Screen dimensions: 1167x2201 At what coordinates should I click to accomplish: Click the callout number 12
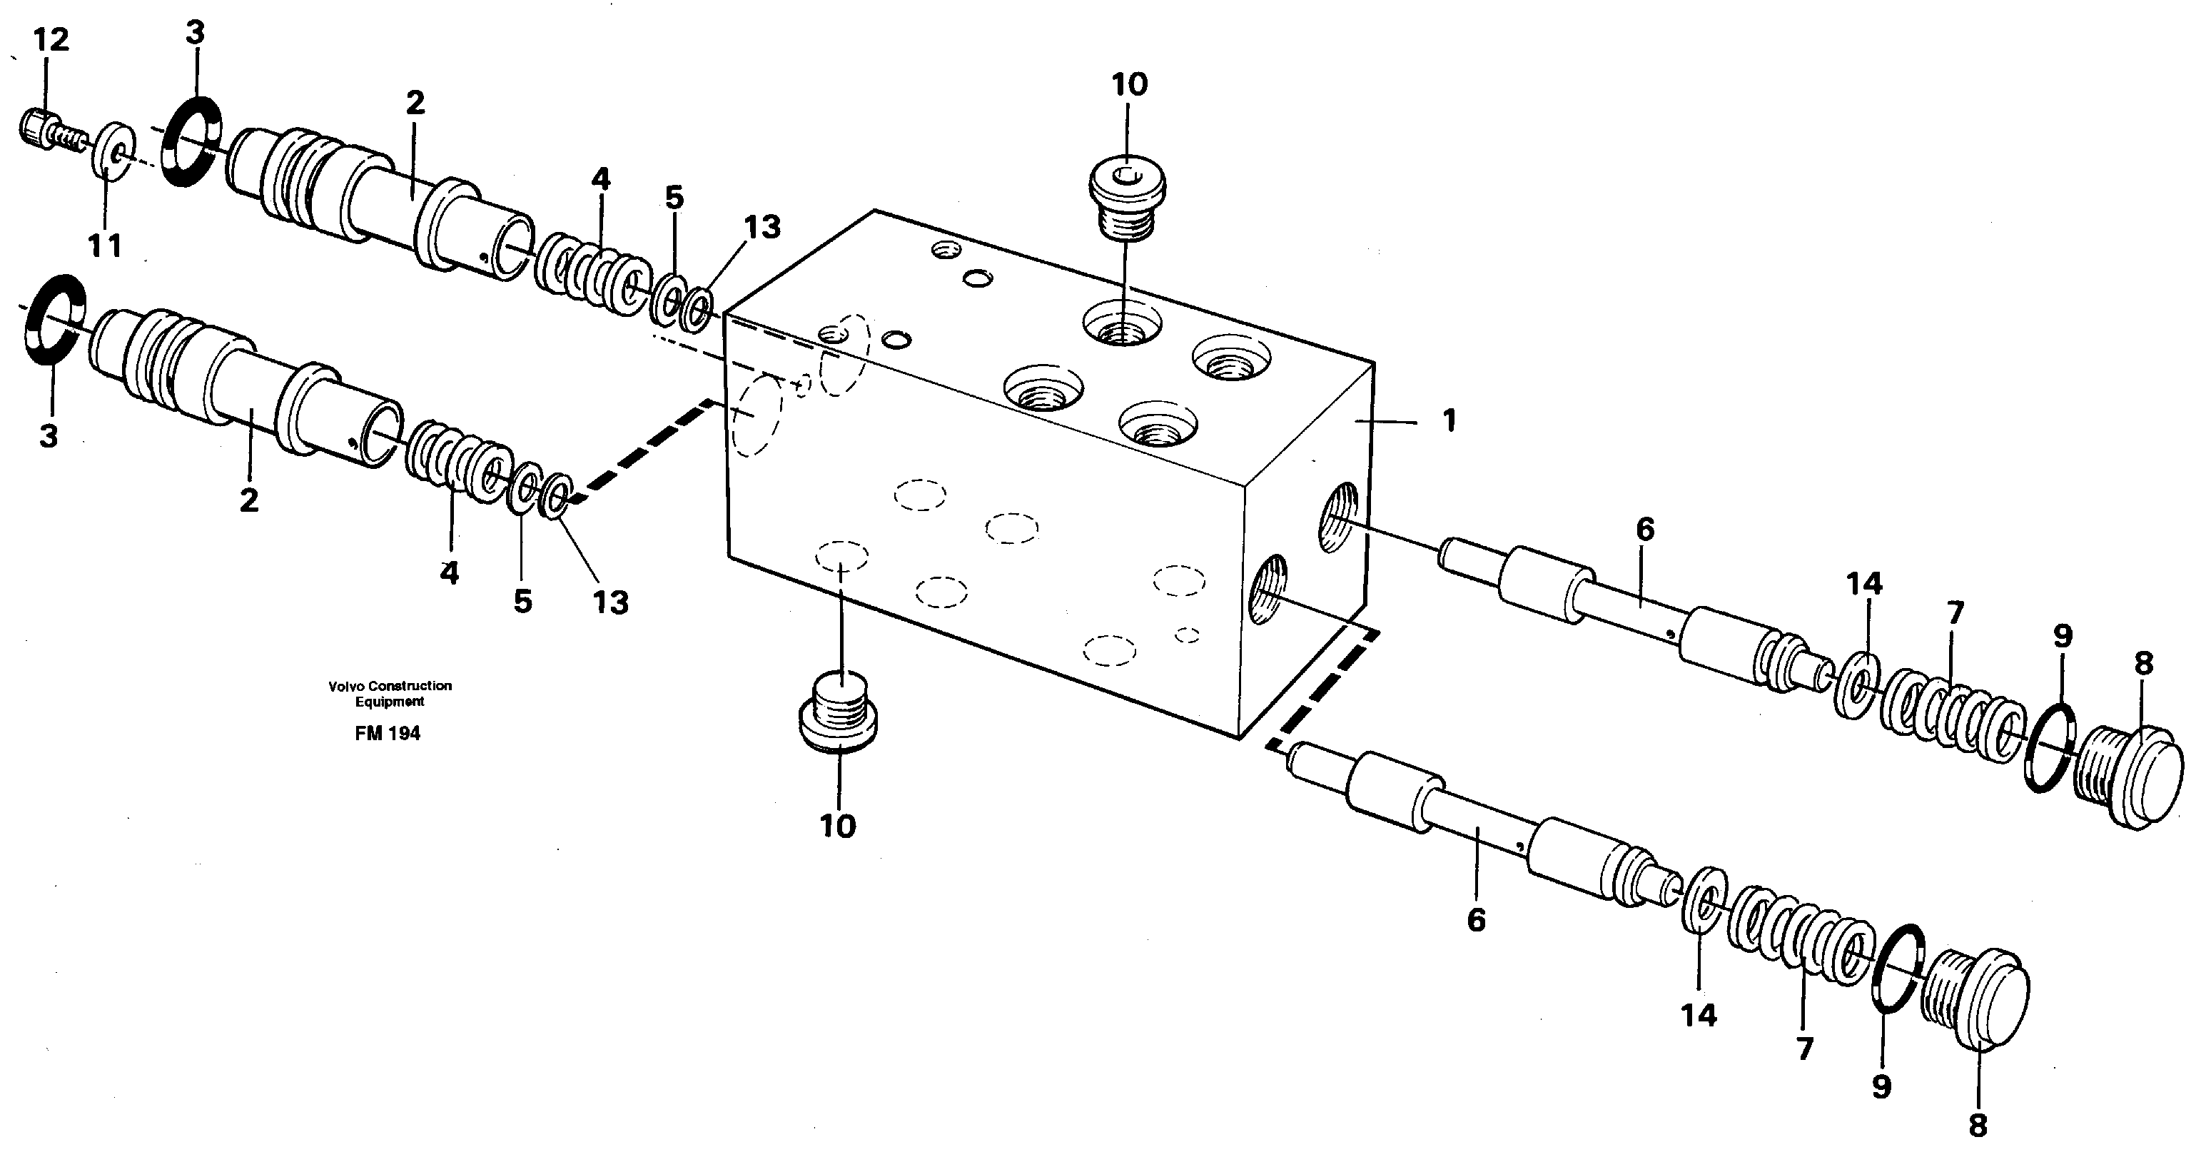click(51, 40)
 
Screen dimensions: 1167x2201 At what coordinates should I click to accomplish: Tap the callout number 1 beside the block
click(1448, 420)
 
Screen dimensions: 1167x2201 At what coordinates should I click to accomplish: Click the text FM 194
click(388, 733)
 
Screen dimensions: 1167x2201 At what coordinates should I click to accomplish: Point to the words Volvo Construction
click(390, 686)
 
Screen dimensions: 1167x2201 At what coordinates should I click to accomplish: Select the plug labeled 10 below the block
click(838, 716)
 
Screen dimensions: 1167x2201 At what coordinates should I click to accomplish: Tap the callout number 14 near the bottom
click(1698, 1015)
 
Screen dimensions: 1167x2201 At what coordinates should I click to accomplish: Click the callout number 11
click(105, 246)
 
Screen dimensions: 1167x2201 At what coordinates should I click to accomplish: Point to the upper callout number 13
click(762, 227)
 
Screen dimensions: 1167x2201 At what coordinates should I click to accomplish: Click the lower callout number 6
click(1476, 919)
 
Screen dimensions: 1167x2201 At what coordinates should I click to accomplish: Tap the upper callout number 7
click(1955, 612)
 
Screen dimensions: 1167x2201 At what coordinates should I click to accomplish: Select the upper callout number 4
click(601, 179)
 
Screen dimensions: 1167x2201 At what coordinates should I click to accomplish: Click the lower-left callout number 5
click(522, 602)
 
